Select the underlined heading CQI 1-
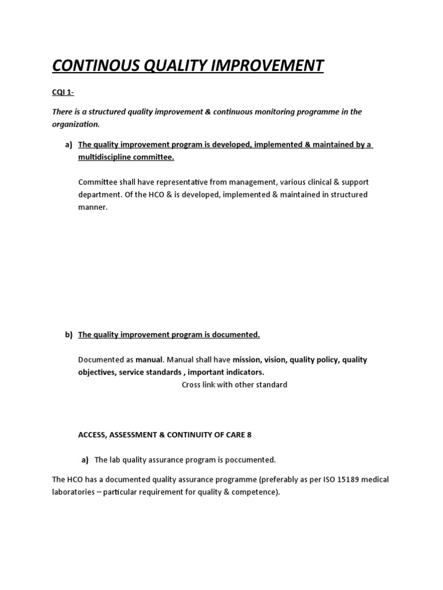click(x=64, y=93)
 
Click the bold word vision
click(x=275, y=360)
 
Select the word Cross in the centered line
click(x=193, y=384)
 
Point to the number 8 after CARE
click(x=249, y=435)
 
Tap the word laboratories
click(x=74, y=493)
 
